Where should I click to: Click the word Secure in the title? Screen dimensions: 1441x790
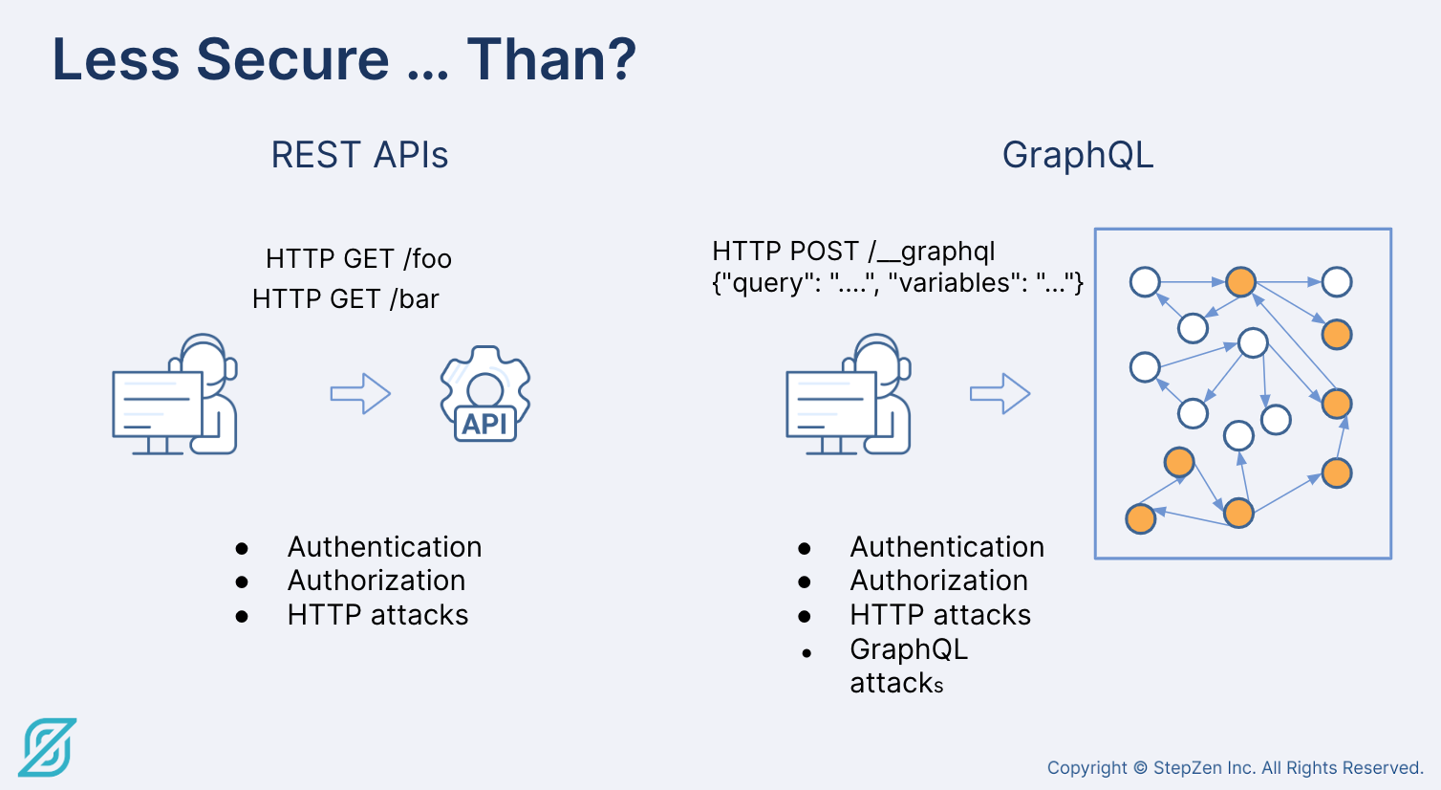292,59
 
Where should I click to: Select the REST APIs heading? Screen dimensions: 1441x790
359,155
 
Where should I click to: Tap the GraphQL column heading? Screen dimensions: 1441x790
1078,155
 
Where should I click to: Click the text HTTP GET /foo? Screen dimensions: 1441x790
358,259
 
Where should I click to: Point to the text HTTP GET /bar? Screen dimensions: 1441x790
346,298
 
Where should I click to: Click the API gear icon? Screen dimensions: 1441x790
485,394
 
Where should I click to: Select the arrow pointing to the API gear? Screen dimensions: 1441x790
360,393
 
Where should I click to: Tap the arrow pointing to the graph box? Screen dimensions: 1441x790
1000,393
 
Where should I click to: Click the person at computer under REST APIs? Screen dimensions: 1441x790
175,394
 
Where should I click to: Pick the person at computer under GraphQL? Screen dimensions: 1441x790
849,394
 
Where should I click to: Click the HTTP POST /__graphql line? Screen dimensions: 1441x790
853,252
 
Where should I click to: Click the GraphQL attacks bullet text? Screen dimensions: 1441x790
909,666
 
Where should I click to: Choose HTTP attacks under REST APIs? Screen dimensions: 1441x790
377,614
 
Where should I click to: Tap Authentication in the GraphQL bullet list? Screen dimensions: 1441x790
947,547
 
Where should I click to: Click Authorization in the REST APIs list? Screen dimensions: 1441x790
376,581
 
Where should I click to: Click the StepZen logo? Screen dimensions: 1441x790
48,748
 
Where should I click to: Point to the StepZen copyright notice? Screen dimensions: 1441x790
1236,767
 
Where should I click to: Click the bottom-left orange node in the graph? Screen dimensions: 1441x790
1141,519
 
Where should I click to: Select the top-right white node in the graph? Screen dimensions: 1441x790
1337,282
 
